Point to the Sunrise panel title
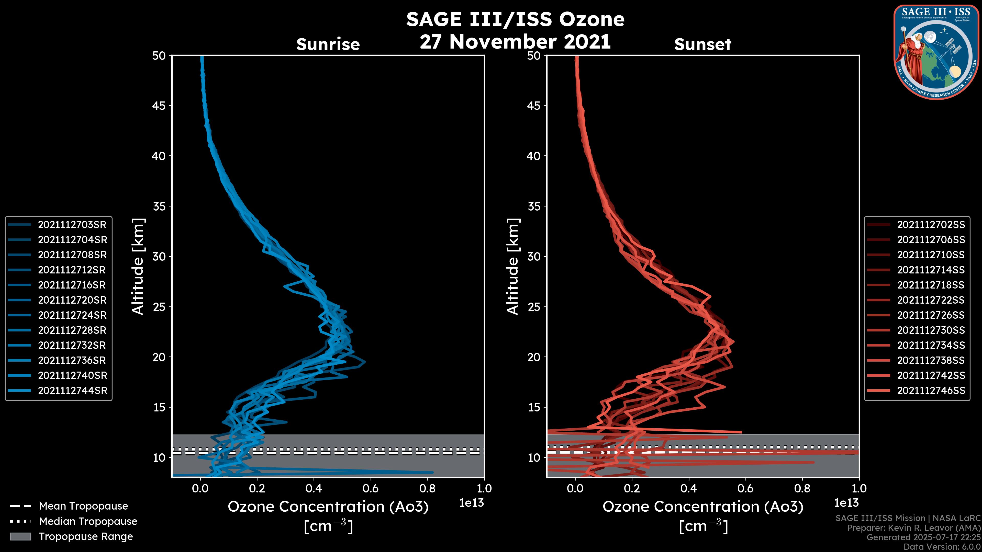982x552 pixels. pyautogui.click(x=328, y=44)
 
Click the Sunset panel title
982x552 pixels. pyautogui.click(x=702, y=44)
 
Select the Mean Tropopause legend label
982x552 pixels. pyautogui.click(x=83, y=506)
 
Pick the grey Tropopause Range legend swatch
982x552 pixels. pyautogui.click(x=20, y=536)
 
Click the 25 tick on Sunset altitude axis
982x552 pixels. pyautogui.click(x=534, y=307)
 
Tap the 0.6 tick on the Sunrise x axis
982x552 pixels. pyautogui.click(x=371, y=488)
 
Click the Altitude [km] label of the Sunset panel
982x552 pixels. pyautogui.click(x=513, y=266)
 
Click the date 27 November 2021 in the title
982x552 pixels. pyautogui.click(x=515, y=42)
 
